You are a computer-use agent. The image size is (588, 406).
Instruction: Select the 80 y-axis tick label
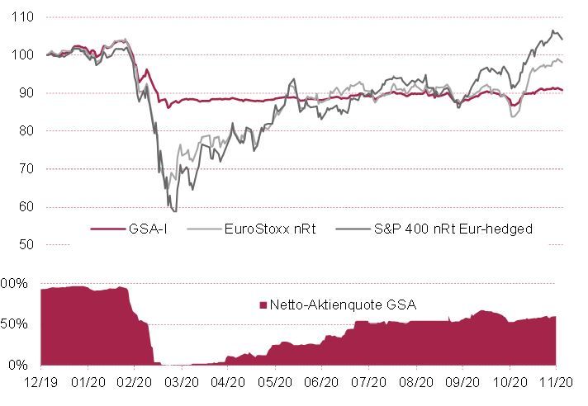(23, 131)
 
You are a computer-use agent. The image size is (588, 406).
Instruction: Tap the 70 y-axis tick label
(23, 169)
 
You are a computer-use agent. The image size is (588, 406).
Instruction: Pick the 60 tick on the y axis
(23, 207)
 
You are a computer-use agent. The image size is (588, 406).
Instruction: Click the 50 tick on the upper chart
(23, 245)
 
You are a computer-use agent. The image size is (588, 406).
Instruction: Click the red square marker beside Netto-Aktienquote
(263, 305)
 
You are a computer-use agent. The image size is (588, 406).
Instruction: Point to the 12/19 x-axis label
(40, 383)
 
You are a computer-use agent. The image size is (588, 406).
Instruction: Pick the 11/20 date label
(557, 383)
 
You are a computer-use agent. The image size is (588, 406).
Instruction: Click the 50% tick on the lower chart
(18, 323)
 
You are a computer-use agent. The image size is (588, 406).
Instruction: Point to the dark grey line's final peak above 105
(552, 31)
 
